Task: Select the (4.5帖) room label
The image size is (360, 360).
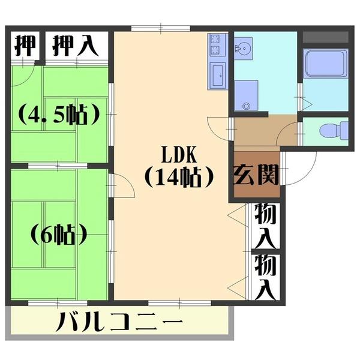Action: [x=58, y=114]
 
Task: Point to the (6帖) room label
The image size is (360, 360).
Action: [x=58, y=234]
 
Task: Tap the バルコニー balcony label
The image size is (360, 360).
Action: [x=120, y=324]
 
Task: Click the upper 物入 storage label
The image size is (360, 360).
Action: [x=264, y=225]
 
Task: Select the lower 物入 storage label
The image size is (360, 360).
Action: [x=264, y=276]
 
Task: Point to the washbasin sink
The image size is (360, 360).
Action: [x=244, y=48]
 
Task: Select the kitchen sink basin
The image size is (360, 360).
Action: [x=217, y=76]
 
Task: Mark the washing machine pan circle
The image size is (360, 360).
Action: [x=245, y=106]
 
